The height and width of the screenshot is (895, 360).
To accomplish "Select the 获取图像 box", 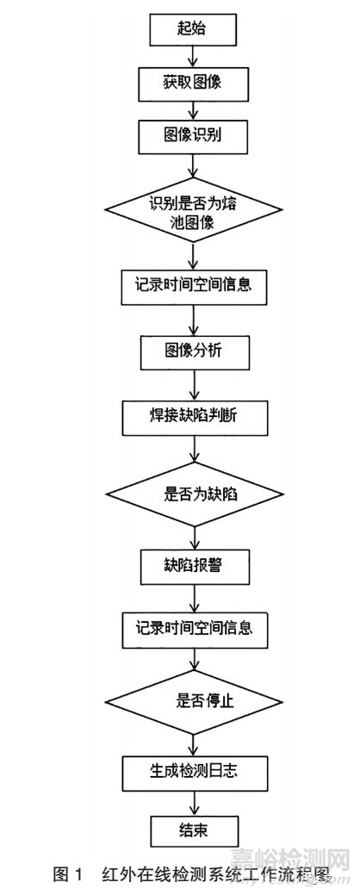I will tap(194, 84).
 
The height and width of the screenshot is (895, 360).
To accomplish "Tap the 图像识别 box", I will tap(194, 135).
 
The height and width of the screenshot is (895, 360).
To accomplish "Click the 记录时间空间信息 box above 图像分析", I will tap(194, 284).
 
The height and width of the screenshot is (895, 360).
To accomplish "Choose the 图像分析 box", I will tap(194, 351).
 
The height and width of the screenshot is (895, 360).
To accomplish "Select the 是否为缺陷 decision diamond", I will tap(194, 494).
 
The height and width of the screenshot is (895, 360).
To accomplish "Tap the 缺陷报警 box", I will tap(194, 566).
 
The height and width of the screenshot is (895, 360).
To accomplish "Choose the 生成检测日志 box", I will tap(194, 770).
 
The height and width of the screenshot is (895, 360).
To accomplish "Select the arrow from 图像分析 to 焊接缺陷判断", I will tap(194, 385).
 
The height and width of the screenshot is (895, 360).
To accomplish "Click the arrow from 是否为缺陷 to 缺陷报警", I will tap(194, 534).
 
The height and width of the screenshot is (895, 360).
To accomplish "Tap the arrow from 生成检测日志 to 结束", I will tap(194, 800).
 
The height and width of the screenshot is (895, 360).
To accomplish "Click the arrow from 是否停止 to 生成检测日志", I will tap(194, 740).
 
